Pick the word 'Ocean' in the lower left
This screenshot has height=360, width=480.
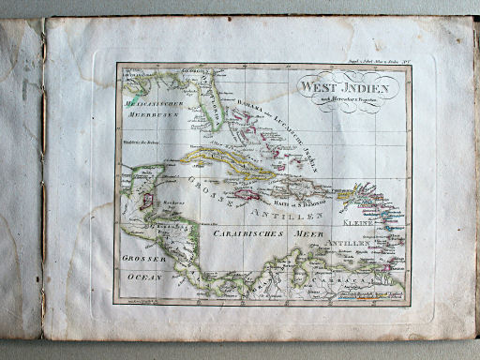tap(145, 277)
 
